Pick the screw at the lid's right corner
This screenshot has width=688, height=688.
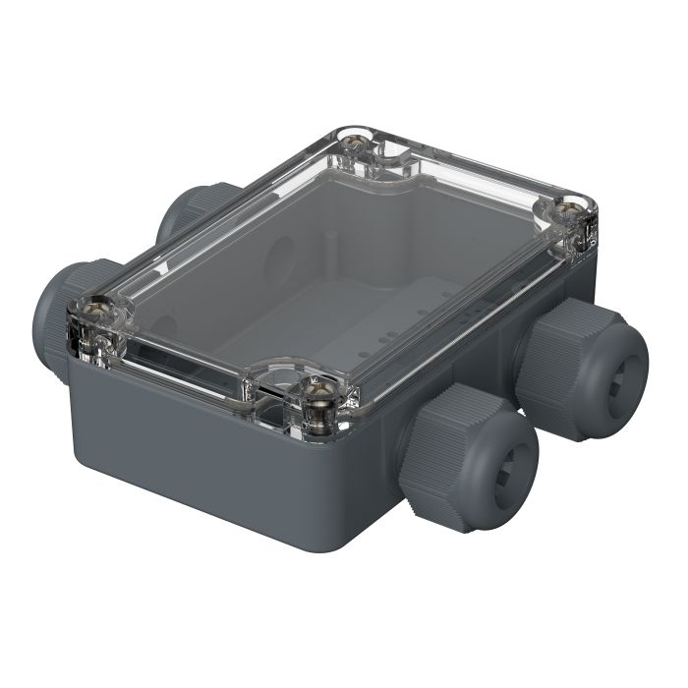569,210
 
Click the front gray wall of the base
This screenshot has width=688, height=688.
197,462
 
